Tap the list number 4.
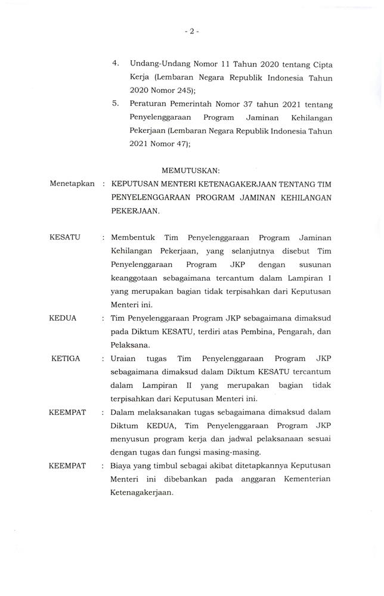pos(116,63)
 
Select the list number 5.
pos(116,104)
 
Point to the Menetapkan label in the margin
pos(73,184)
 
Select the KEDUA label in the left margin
pos(63,318)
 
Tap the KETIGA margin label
pos(66,359)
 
